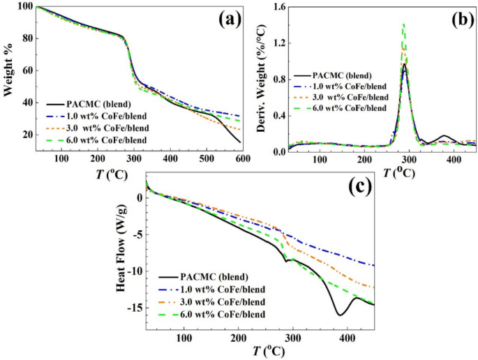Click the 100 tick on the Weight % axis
point(22,6)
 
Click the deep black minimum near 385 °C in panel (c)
point(340,315)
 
